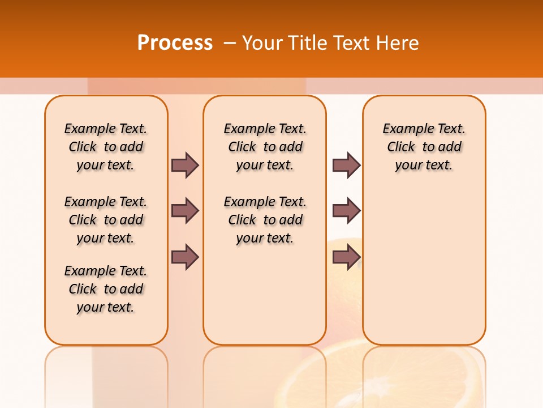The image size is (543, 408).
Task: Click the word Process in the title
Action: coord(175,43)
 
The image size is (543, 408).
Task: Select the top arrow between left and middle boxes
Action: coord(185,165)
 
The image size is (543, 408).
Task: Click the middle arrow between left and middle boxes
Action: coord(185,211)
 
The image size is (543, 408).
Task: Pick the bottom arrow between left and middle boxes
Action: coord(185,257)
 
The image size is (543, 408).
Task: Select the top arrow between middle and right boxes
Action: coord(346,165)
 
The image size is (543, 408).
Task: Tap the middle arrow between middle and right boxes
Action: coord(346,211)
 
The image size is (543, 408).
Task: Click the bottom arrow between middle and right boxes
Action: coord(346,257)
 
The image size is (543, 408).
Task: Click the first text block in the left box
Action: coord(106,147)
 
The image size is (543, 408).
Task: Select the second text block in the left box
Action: coord(106,220)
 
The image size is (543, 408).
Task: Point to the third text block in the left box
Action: coord(106,289)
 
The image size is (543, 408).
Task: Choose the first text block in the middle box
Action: coord(265,147)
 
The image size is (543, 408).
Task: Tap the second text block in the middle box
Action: coord(265,220)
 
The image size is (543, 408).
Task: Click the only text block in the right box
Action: coord(424,147)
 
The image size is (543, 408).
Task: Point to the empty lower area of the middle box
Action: coord(265,295)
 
